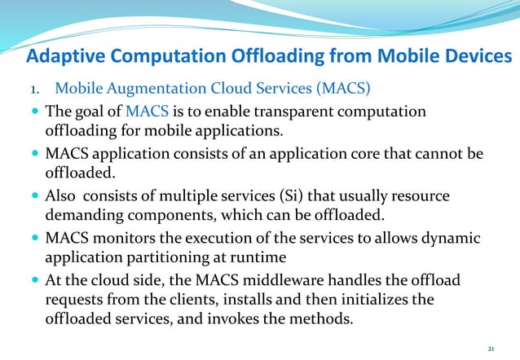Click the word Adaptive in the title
click(x=66, y=56)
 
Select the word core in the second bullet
click(x=359, y=153)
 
